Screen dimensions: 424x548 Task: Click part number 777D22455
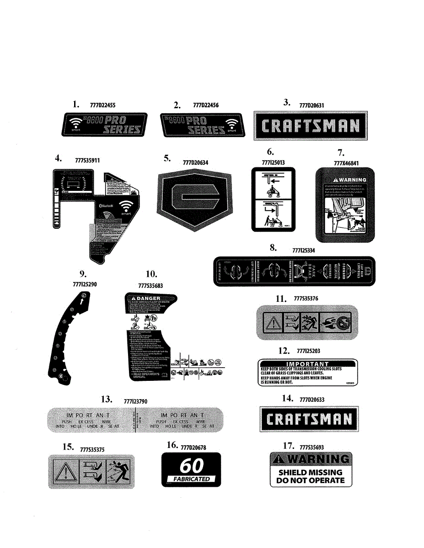[x=103, y=105]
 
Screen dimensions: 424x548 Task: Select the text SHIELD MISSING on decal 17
[x=311, y=472]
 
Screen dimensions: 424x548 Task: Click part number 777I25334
[x=303, y=250]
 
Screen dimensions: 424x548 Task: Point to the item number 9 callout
[x=83, y=274]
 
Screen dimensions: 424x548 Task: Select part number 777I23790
[x=135, y=401]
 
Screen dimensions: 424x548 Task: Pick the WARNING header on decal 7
[x=346, y=179]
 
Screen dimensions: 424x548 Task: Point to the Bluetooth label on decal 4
[x=108, y=206]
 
